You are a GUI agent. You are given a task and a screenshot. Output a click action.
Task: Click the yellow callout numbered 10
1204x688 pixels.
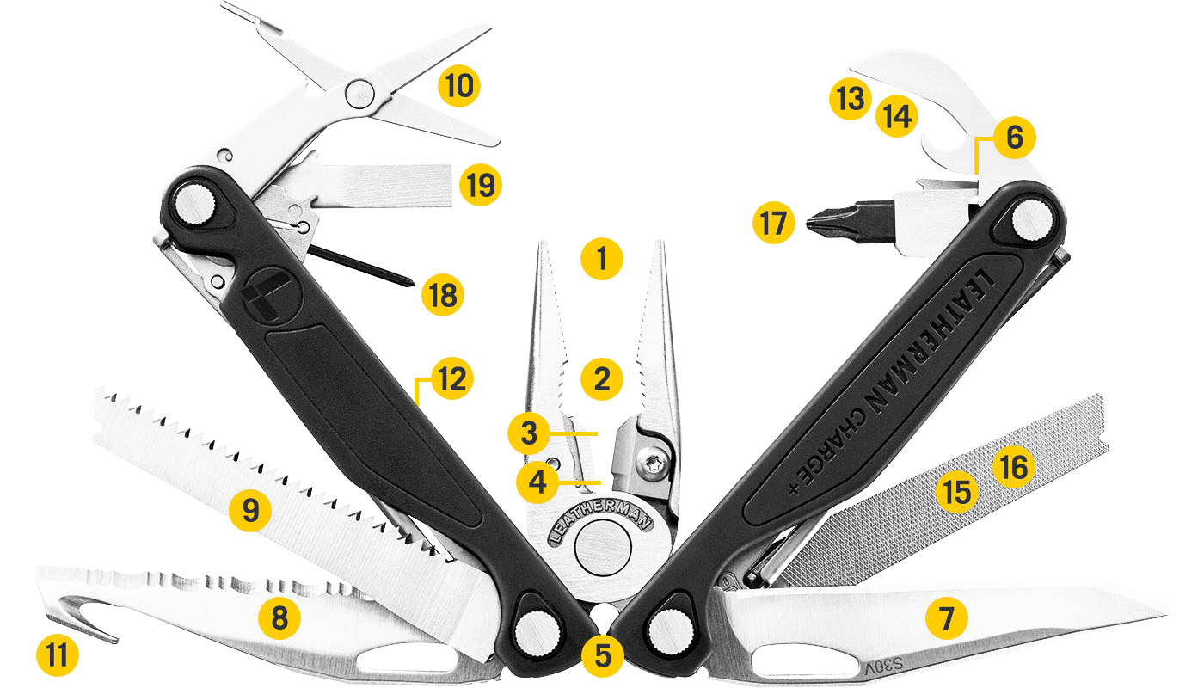tap(458, 86)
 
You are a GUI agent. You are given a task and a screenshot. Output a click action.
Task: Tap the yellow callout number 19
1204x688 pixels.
tap(480, 184)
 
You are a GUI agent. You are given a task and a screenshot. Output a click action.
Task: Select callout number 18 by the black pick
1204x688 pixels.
tap(443, 295)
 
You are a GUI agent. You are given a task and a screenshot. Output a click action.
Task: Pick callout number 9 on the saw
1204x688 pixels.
tap(250, 510)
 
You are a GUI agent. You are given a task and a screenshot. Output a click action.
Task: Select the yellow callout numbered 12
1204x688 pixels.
tap(453, 378)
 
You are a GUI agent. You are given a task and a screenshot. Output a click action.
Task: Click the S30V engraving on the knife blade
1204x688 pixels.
tap(880, 666)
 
